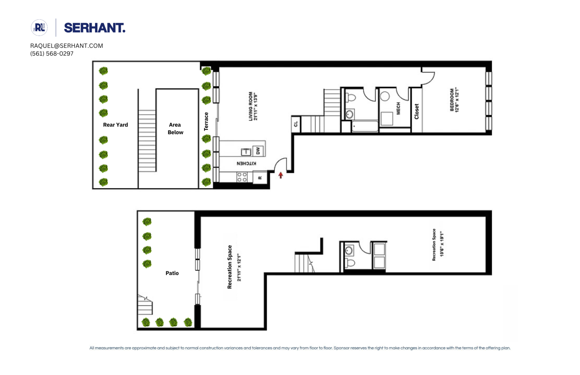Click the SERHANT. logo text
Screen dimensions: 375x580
click(x=94, y=28)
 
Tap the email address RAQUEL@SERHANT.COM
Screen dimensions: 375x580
click(x=67, y=46)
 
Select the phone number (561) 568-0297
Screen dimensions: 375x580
click(x=52, y=54)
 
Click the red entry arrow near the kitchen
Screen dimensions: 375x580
click(x=281, y=175)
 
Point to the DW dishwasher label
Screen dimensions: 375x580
click(x=258, y=151)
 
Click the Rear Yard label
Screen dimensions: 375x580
click(x=115, y=125)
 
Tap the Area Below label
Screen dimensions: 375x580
click(x=175, y=129)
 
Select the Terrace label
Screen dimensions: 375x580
click(x=206, y=121)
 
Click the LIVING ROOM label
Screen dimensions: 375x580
click(x=251, y=106)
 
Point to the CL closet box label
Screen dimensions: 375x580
click(x=296, y=124)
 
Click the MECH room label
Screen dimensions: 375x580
click(x=398, y=109)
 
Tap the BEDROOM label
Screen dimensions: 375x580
click(x=452, y=100)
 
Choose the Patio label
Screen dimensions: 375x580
click(x=172, y=273)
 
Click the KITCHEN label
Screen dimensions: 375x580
click(x=246, y=163)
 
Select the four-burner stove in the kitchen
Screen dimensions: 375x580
click(x=242, y=177)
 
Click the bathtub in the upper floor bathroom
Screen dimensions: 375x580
click(x=365, y=126)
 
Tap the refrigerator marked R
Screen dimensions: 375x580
click(x=260, y=178)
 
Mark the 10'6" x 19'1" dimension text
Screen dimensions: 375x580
click(x=442, y=244)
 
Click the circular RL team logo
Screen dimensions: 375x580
click(x=39, y=28)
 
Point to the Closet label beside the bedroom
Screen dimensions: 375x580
click(x=416, y=111)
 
